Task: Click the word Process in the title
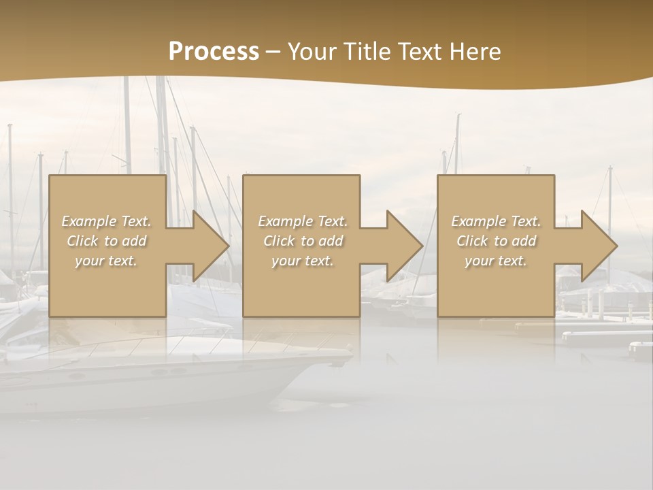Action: pos(214,52)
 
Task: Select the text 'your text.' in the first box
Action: pos(106,260)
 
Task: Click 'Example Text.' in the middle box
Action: pos(303,221)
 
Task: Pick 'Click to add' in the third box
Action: pos(497,241)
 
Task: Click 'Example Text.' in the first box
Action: pos(106,221)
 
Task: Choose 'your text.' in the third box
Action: pos(496,260)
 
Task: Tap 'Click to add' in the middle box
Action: pos(303,241)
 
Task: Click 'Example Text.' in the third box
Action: pos(496,221)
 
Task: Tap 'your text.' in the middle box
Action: pos(303,260)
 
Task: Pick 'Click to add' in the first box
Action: pos(106,241)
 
